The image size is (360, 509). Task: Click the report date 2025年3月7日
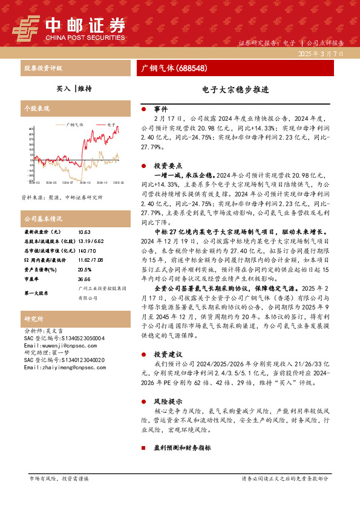[x=320, y=54]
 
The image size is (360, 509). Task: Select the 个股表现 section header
[x=36, y=109]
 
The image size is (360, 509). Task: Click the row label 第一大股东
[x=36, y=293]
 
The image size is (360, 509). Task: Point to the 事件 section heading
[x=160, y=109]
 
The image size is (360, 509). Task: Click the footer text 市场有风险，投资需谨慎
[x=59, y=478]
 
